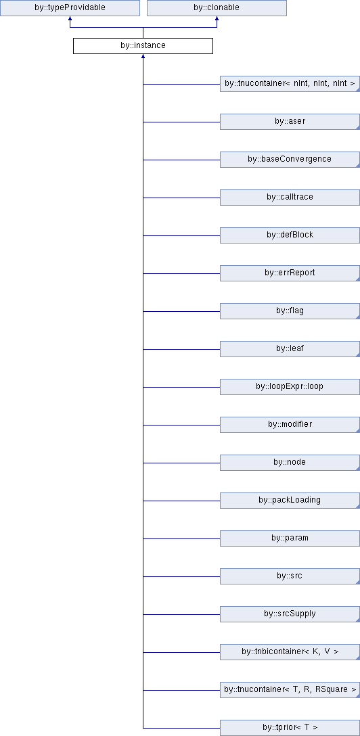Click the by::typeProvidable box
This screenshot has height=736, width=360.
click(x=70, y=8)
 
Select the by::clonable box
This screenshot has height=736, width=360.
click(x=217, y=8)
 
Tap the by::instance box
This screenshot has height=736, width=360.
click(x=143, y=46)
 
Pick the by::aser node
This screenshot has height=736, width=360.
click(x=290, y=122)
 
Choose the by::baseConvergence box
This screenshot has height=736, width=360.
click(x=290, y=160)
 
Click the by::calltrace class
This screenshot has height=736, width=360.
click(x=290, y=197)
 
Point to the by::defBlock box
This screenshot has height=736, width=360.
click(x=290, y=235)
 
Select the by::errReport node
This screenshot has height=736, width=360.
click(x=290, y=273)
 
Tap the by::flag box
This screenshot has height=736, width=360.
click(x=290, y=311)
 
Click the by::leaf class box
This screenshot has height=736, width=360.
click(x=290, y=349)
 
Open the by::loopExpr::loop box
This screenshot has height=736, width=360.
click(x=290, y=387)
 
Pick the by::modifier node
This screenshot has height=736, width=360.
click(x=290, y=425)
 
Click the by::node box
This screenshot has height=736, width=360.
click(x=290, y=462)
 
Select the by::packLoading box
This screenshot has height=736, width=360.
click(x=290, y=501)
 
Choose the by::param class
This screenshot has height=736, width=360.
click(x=290, y=538)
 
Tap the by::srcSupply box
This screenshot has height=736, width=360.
click(x=290, y=614)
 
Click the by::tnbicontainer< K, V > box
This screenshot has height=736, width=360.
click(x=290, y=652)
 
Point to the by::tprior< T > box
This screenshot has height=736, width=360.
click(x=290, y=728)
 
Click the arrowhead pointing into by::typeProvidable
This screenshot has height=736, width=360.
click(x=70, y=19)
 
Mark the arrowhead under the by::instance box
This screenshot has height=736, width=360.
click(x=143, y=57)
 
